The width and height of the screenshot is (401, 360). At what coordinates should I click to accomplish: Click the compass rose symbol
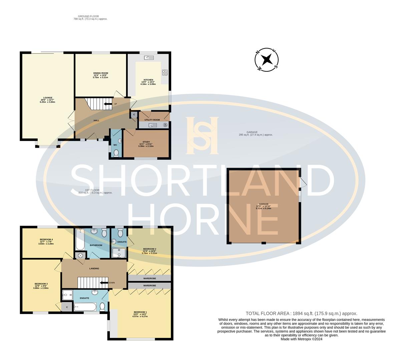[267, 60]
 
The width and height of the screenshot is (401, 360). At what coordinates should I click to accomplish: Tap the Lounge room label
[45, 99]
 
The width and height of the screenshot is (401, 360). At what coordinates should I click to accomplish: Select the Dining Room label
[100, 75]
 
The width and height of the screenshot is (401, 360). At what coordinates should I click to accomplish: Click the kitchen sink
[149, 58]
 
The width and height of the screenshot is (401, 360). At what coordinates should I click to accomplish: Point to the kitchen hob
[165, 72]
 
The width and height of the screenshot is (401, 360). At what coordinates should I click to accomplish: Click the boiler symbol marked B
[165, 125]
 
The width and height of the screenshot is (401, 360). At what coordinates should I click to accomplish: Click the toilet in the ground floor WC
[116, 153]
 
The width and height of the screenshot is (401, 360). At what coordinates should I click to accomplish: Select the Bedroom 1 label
[140, 314]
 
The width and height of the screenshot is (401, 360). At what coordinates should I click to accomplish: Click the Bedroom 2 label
[149, 251]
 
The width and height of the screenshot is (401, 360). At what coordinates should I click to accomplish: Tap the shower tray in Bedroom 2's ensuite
[119, 253]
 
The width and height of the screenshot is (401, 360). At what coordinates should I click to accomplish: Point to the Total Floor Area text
[301, 313]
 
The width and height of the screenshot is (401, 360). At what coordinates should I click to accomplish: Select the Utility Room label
[152, 120]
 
